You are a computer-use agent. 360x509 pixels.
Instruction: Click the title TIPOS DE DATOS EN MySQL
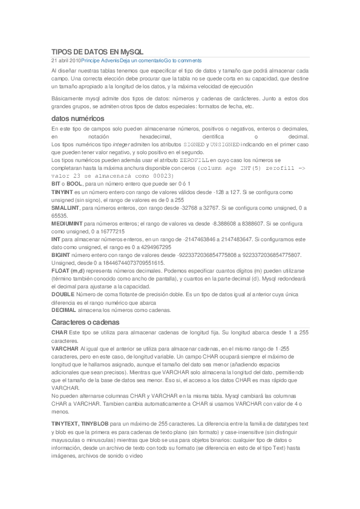(97, 53)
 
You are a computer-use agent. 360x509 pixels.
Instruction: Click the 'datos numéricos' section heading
(77, 118)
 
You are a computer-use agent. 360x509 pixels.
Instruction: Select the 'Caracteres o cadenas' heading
(85, 322)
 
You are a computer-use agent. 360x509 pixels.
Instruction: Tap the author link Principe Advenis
(100, 61)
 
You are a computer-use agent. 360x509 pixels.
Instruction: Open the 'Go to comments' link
(183, 61)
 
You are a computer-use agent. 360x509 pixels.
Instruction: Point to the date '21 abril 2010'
(66, 61)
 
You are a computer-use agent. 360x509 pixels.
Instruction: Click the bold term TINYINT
(62, 192)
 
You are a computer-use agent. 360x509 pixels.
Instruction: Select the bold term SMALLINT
(65, 208)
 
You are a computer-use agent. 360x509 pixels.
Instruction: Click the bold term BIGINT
(61, 255)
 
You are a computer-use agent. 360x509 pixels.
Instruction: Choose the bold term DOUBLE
(62, 294)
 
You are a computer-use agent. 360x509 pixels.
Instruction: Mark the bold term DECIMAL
(64, 310)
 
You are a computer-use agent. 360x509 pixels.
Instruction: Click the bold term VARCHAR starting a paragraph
(65, 349)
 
